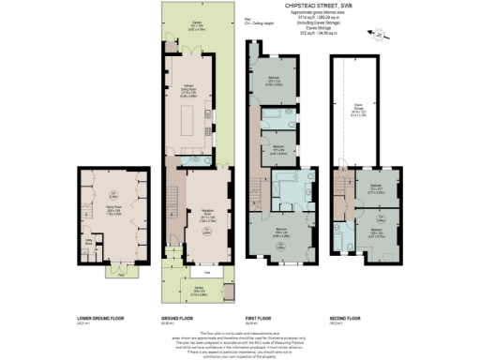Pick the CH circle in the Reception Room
coord(205,228)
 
